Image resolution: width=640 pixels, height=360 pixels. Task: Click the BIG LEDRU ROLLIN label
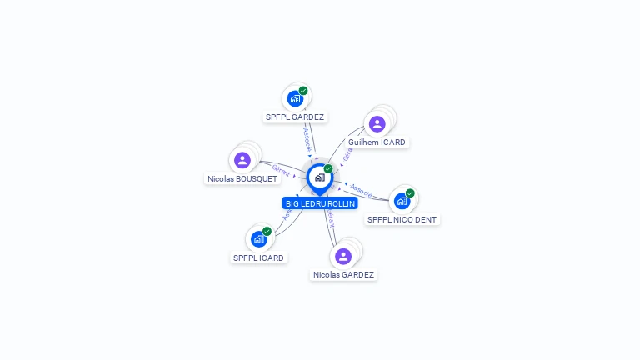[320, 203]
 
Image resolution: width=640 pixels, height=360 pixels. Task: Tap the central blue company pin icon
[319, 177]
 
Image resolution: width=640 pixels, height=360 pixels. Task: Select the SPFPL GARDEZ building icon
[295, 98]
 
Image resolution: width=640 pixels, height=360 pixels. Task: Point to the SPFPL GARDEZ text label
[295, 117]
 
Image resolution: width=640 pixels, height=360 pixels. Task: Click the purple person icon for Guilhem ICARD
[377, 124]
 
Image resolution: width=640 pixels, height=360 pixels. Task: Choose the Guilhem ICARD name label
[377, 142]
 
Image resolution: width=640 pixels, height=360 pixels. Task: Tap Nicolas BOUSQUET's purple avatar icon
[242, 160]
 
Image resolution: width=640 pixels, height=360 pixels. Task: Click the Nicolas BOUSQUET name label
[242, 179]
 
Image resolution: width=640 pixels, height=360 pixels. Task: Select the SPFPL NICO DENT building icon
[402, 201]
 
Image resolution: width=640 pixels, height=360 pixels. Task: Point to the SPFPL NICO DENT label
[402, 220]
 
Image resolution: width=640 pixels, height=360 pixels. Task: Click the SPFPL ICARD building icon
[258, 239]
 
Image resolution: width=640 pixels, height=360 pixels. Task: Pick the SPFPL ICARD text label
[258, 258]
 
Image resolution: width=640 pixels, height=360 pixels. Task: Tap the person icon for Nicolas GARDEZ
[343, 256]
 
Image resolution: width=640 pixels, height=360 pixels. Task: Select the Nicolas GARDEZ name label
[343, 275]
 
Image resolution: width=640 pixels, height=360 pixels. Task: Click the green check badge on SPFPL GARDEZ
[303, 91]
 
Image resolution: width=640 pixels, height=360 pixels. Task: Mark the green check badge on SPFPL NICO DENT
[410, 193]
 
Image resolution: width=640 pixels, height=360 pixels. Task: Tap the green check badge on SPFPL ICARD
[267, 232]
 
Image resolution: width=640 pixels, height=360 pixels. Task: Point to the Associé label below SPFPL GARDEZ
[307, 138]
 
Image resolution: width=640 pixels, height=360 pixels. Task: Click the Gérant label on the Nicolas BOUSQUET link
[281, 169]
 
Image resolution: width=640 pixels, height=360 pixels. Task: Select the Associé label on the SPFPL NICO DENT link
[361, 190]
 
